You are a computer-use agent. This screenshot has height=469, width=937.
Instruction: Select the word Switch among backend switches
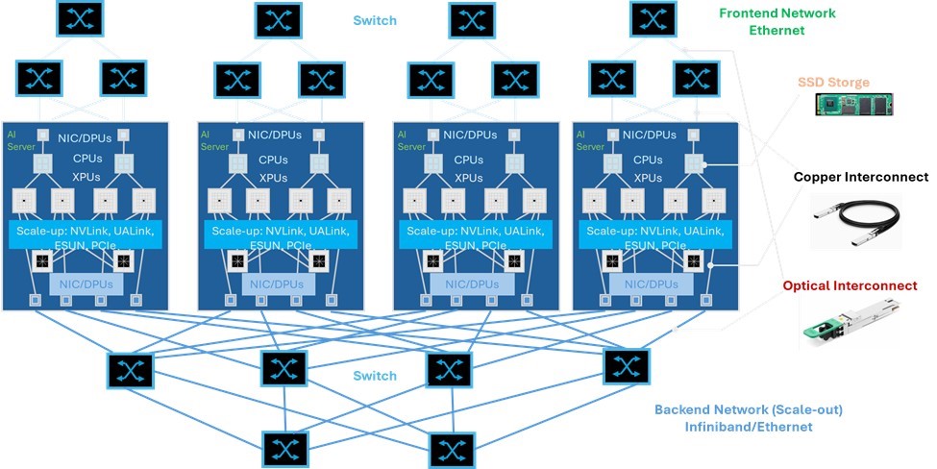click(x=374, y=376)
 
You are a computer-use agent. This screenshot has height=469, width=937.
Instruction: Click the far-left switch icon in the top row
click(x=81, y=19)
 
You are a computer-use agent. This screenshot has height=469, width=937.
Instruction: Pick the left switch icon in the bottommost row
click(x=286, y=448)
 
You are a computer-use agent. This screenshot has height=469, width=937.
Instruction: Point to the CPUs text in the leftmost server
click(x=83, y=160)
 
